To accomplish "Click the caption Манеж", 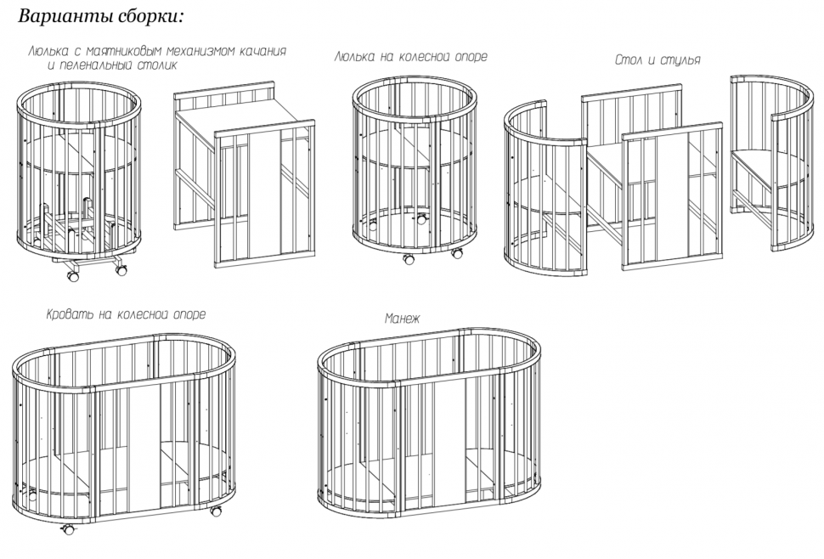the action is pos(402,319).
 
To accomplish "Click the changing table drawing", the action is pos(245,175).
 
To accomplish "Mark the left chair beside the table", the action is pos(545,189).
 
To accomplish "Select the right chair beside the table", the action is pos(771,163).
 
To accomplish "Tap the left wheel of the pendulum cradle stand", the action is pos(72,274).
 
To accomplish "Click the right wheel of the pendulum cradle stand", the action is pos(121,270).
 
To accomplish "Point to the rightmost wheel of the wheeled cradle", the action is pos(457,253).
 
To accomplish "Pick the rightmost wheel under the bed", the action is pos(216,510).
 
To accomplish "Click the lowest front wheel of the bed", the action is pos(68,529).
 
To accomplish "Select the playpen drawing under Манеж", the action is pos(429,426).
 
